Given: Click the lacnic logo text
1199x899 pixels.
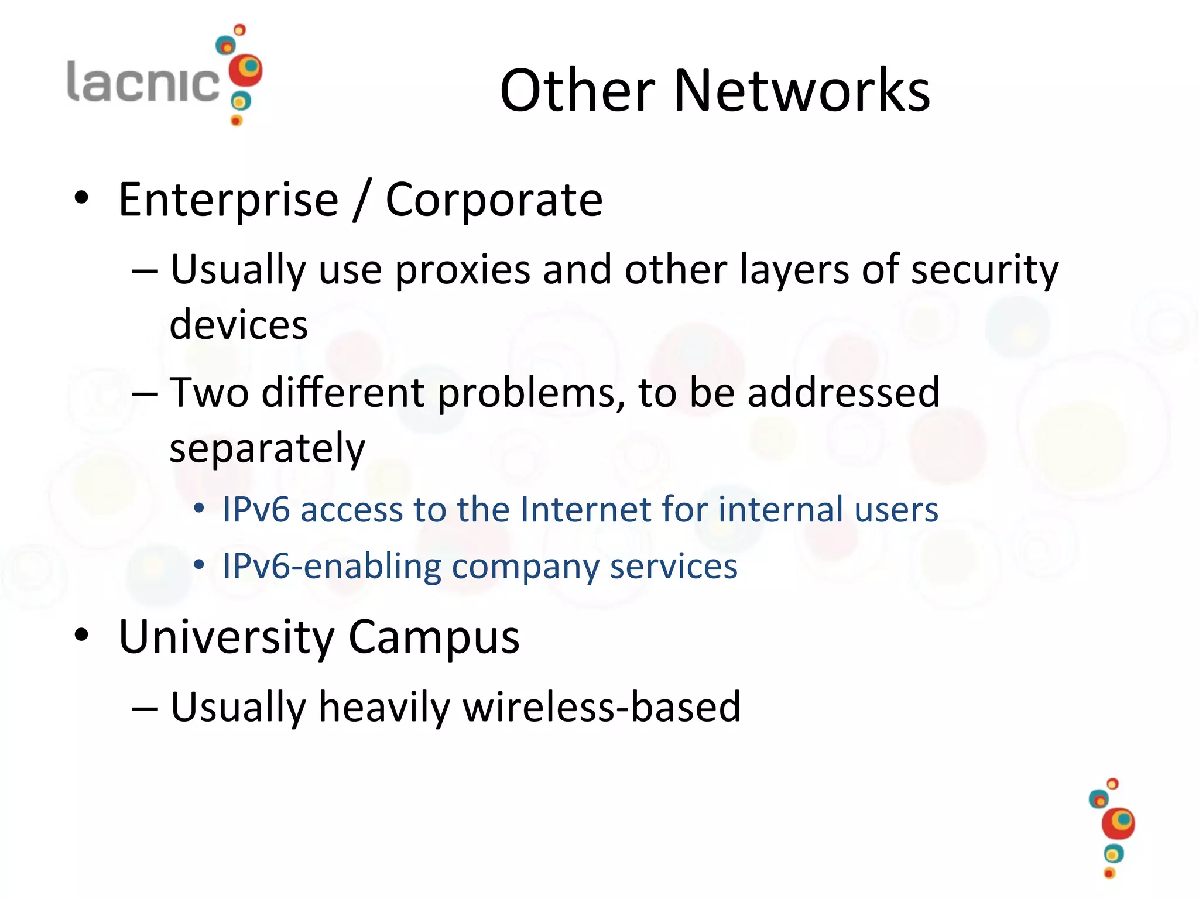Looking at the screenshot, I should [x=143, y=81].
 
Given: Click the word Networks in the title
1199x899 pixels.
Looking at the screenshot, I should [x=801, y=90].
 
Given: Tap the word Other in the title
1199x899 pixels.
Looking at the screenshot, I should [x=577, y=90].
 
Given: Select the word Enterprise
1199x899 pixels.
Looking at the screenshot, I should [x=228, y=200].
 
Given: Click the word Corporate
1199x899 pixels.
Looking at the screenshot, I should [x=494, y=200].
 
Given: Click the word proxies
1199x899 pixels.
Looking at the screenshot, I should [x=463, y=270].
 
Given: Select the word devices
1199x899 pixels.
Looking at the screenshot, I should [x=238, y=324].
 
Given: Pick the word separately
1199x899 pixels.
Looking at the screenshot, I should [x=267, y=448].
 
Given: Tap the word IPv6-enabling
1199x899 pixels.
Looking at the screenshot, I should [x=331, y=566].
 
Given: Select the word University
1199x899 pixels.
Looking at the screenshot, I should [x=226, y=637].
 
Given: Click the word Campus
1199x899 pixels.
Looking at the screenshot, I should [x=434, y=637].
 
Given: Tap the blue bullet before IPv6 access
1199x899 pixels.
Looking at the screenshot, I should [x=199, y=508].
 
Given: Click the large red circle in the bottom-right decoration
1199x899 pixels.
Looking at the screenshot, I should [x=1118, y=824].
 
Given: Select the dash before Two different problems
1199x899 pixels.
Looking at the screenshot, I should [x=145, y=394].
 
